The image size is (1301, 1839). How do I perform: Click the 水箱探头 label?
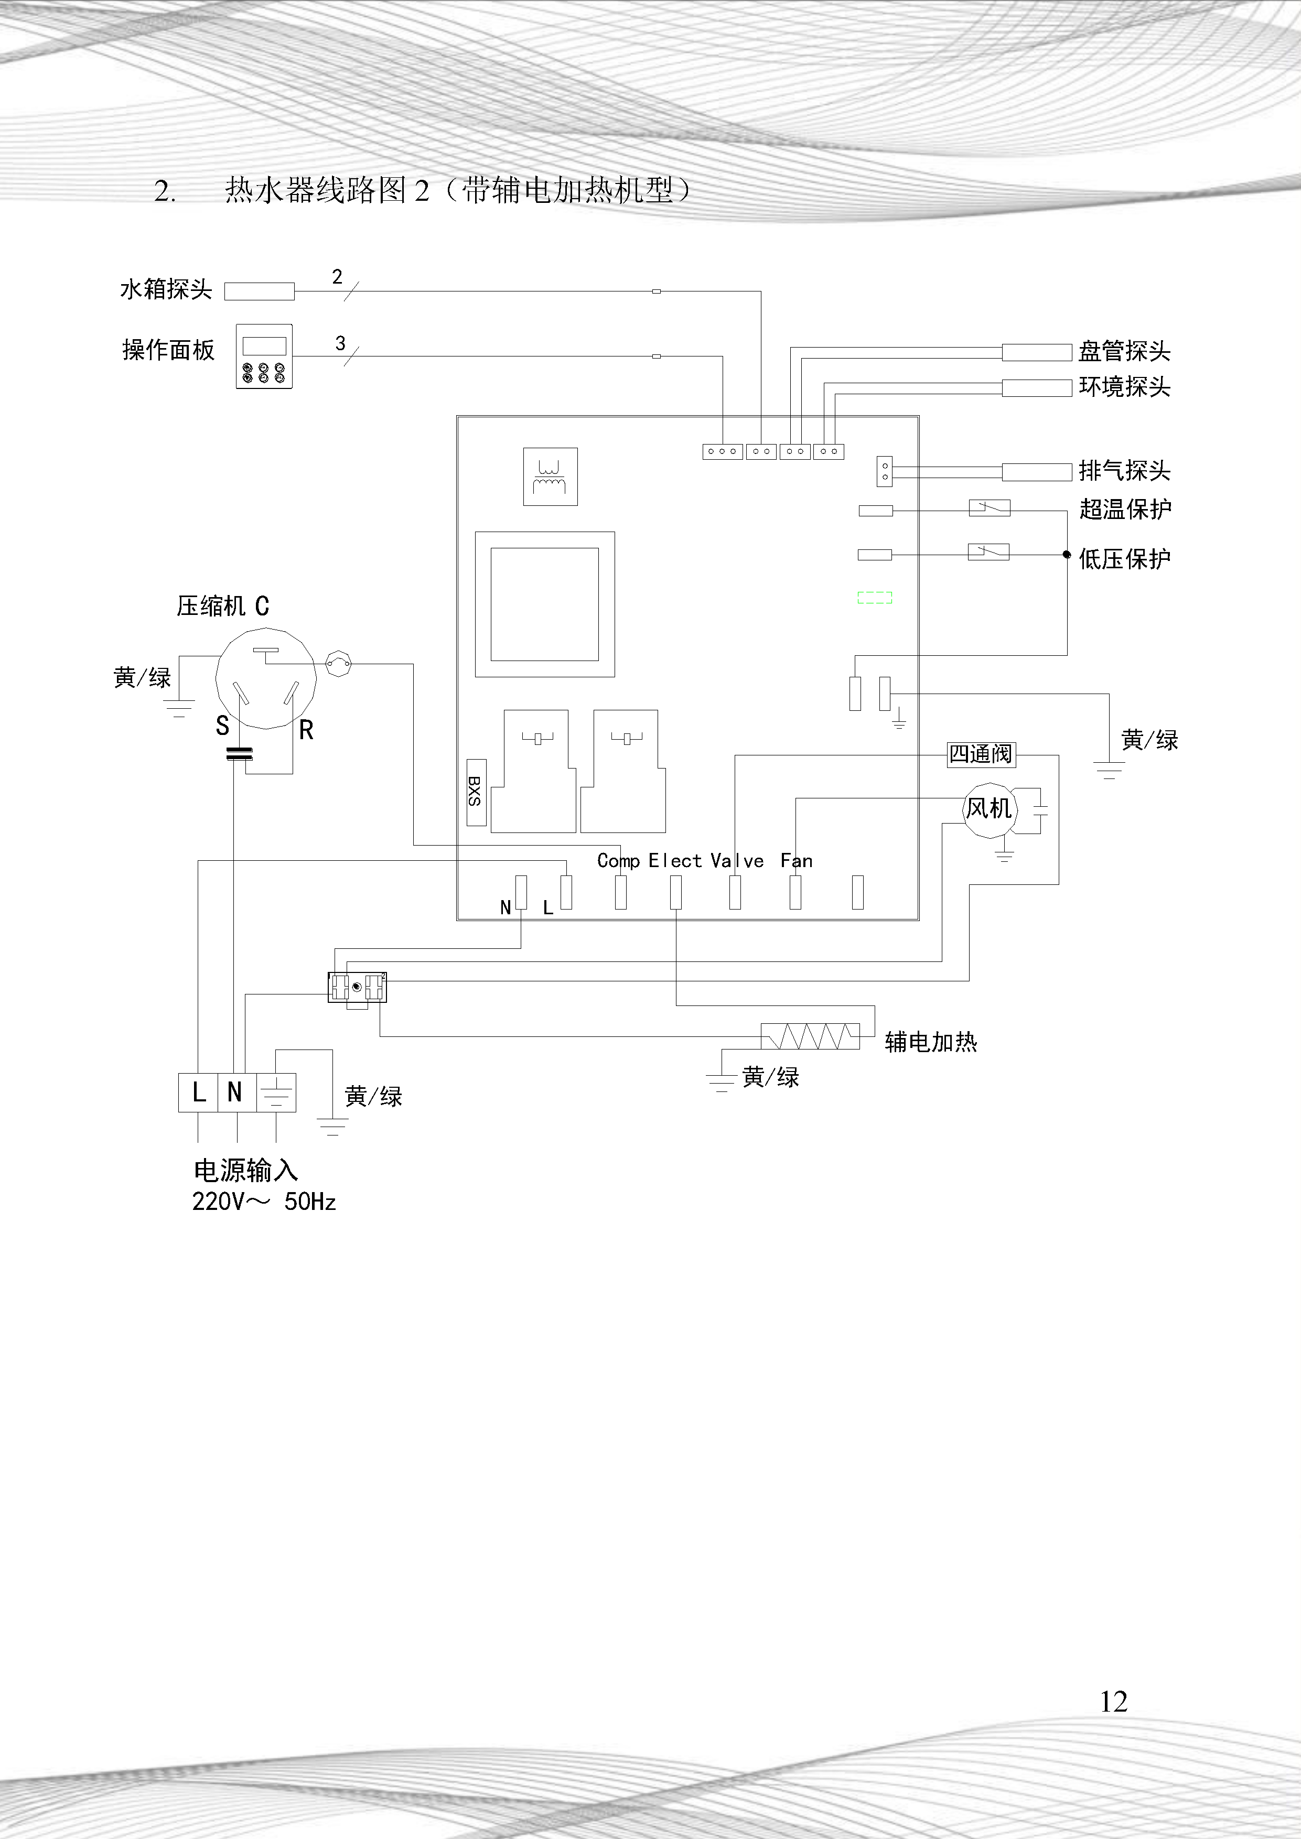coord(166,289)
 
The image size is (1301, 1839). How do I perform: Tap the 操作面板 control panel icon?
coord(264,356)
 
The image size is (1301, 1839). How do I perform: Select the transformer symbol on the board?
coord(550,477)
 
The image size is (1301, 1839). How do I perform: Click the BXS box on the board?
coord(476,792)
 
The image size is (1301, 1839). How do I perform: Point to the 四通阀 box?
coord(981,754)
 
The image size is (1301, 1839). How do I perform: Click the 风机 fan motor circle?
coord(988,809)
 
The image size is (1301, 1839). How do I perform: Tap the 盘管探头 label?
coord(1124,351)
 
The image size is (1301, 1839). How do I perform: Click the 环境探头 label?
coord(1124,387)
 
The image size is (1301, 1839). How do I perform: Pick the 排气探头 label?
coord(1124,470)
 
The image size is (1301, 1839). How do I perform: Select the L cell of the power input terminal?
coord(198,1091)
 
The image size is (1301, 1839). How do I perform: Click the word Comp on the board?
coord(618,861)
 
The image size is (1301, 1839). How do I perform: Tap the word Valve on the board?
coord(737,861)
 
